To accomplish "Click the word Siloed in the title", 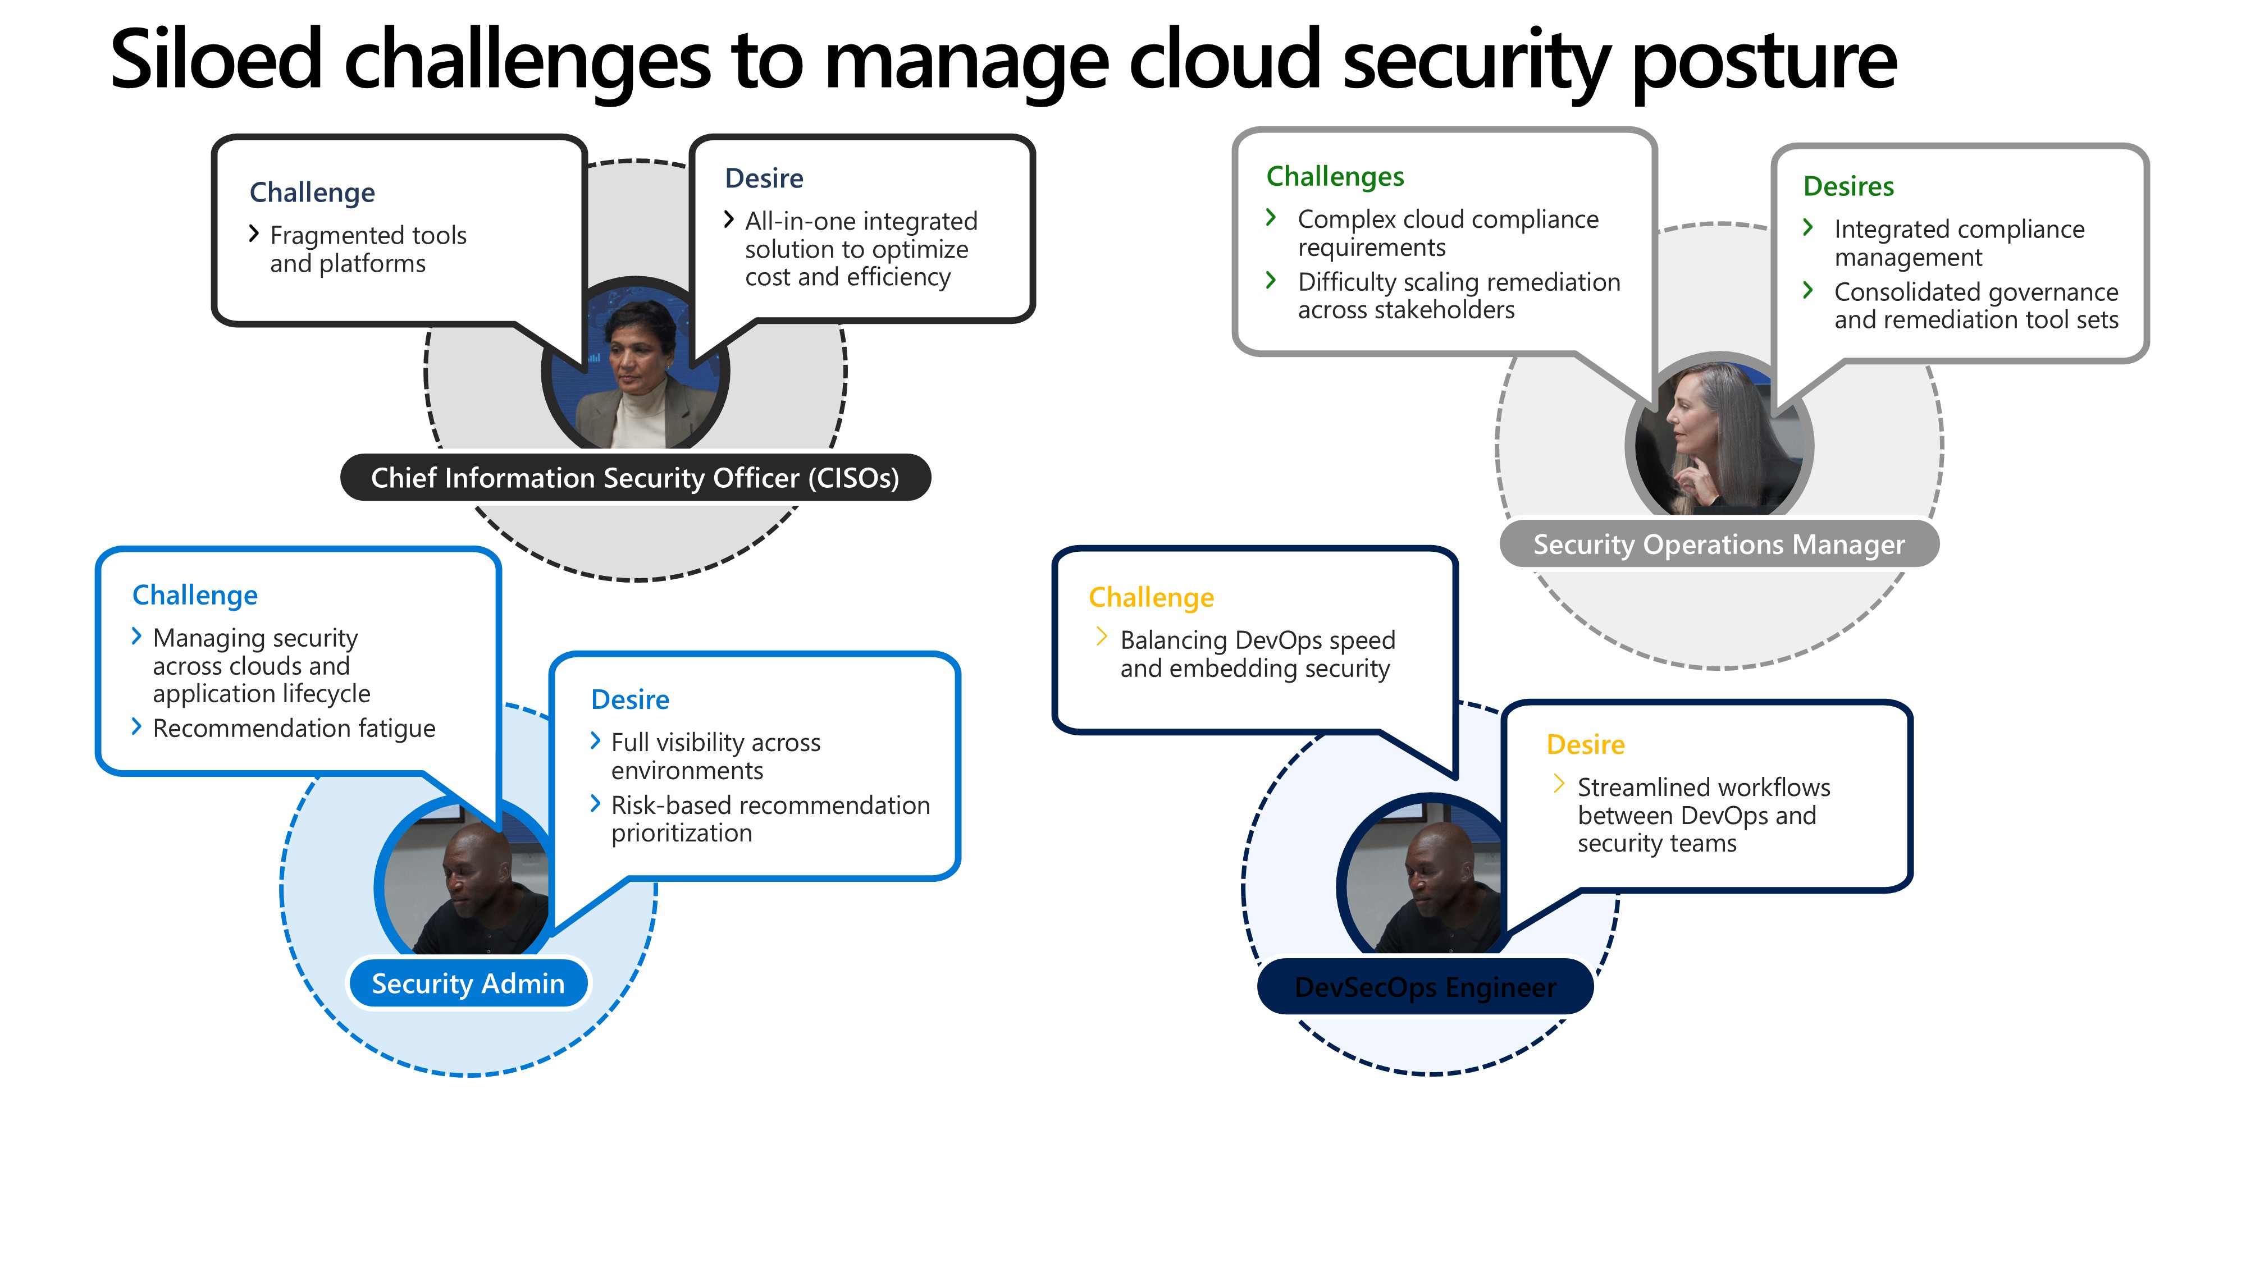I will click(216, 60).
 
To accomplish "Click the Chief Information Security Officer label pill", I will click(634, 478).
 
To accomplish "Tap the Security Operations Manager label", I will click(1719, 544).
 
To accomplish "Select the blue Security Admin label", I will click(468, 983).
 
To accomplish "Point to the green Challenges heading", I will click(1335, 176).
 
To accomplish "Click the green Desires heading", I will click(1848, 186).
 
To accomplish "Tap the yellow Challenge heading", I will click(1151, 598).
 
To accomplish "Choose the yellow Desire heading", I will click(1585, 745).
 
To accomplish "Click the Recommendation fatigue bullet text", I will click(294, 729).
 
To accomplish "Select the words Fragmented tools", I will click(368, 235).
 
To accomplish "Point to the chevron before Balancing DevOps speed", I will click(1101, 637).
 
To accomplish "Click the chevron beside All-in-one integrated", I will click(729, 219).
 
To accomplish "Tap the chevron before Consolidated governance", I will click(1808, 290).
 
